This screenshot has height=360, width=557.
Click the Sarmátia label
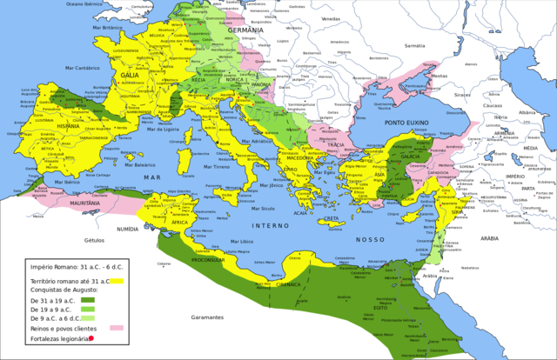[x=415, y=45]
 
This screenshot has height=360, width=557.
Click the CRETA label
[x=332, y=217]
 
